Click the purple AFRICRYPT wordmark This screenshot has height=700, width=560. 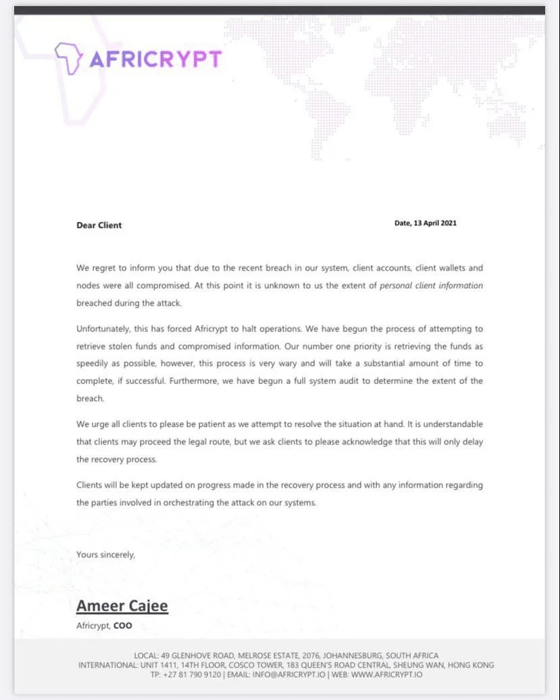click(155, 60)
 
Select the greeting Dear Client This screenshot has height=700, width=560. click(99, 225)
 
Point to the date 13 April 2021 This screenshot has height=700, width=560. click(434, 223)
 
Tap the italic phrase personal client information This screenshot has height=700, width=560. click(431, 285)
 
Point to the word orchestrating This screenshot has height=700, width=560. click(201, 503)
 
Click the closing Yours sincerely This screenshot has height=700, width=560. click(105, 555)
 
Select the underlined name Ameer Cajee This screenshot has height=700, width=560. click(122, 605)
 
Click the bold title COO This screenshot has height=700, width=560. click(123, 626)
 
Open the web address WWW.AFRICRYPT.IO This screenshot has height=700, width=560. click(388, 674)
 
